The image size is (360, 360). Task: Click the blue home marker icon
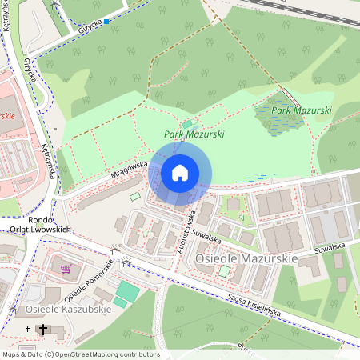180,173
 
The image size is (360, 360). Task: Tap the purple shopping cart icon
65,269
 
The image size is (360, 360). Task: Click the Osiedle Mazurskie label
248,258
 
